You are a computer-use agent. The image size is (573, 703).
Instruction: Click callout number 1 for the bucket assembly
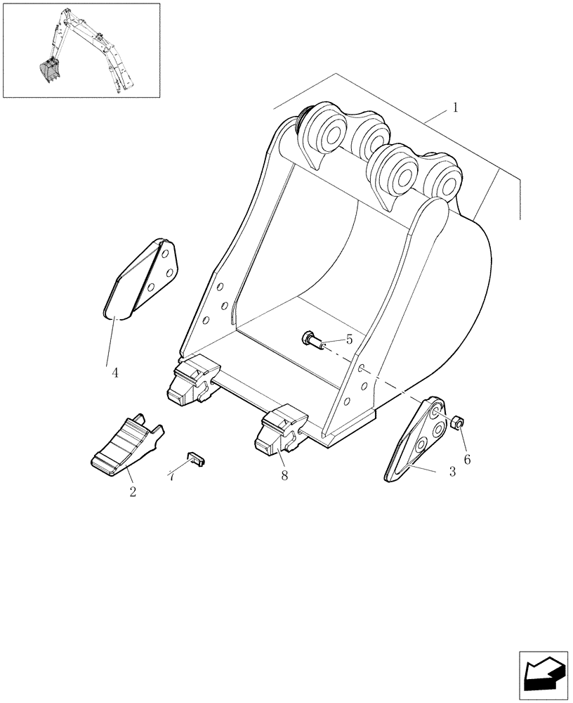click(456, 108)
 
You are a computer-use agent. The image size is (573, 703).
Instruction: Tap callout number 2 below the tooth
click(133, 491)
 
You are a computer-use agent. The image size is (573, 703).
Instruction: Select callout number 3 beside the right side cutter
click(452, 472)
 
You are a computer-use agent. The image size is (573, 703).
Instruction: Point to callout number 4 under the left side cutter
click(115, 373)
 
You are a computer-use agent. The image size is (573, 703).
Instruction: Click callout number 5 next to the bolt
click(350, 340)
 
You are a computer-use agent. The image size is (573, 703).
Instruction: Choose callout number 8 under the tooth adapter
click(284, 476)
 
